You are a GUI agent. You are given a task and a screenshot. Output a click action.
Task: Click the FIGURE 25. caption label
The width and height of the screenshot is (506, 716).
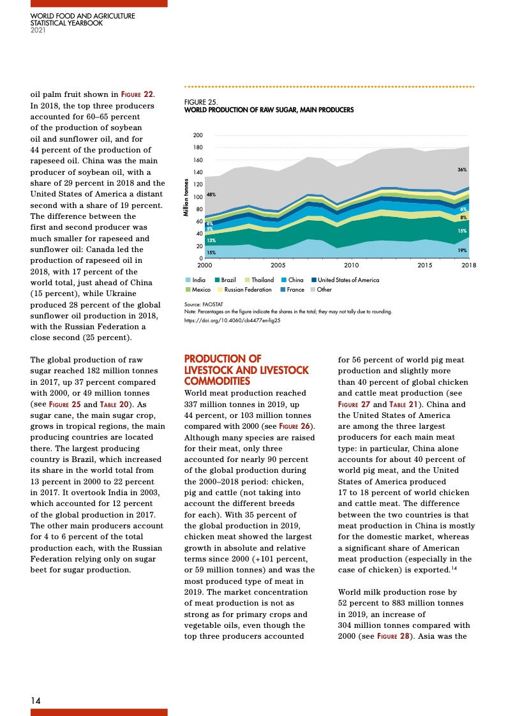(x=201, y=101)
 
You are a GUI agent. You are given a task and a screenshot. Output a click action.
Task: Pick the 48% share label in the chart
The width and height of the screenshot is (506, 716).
(x=211, y=194)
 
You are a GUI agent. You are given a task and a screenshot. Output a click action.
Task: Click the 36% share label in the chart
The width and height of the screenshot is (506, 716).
(x=462, y=170)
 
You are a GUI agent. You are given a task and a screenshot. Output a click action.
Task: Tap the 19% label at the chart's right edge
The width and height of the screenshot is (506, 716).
(x=463, y=250)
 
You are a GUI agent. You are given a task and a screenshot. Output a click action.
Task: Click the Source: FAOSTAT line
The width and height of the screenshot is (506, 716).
(x=199, y=306)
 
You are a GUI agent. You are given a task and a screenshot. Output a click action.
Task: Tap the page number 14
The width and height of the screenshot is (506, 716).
(x=36, y=700)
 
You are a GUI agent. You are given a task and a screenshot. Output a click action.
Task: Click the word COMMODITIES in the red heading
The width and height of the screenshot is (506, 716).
(x=214, y=380)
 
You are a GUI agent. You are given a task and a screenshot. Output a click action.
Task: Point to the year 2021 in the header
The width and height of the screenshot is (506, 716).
(x=38, y=29)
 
